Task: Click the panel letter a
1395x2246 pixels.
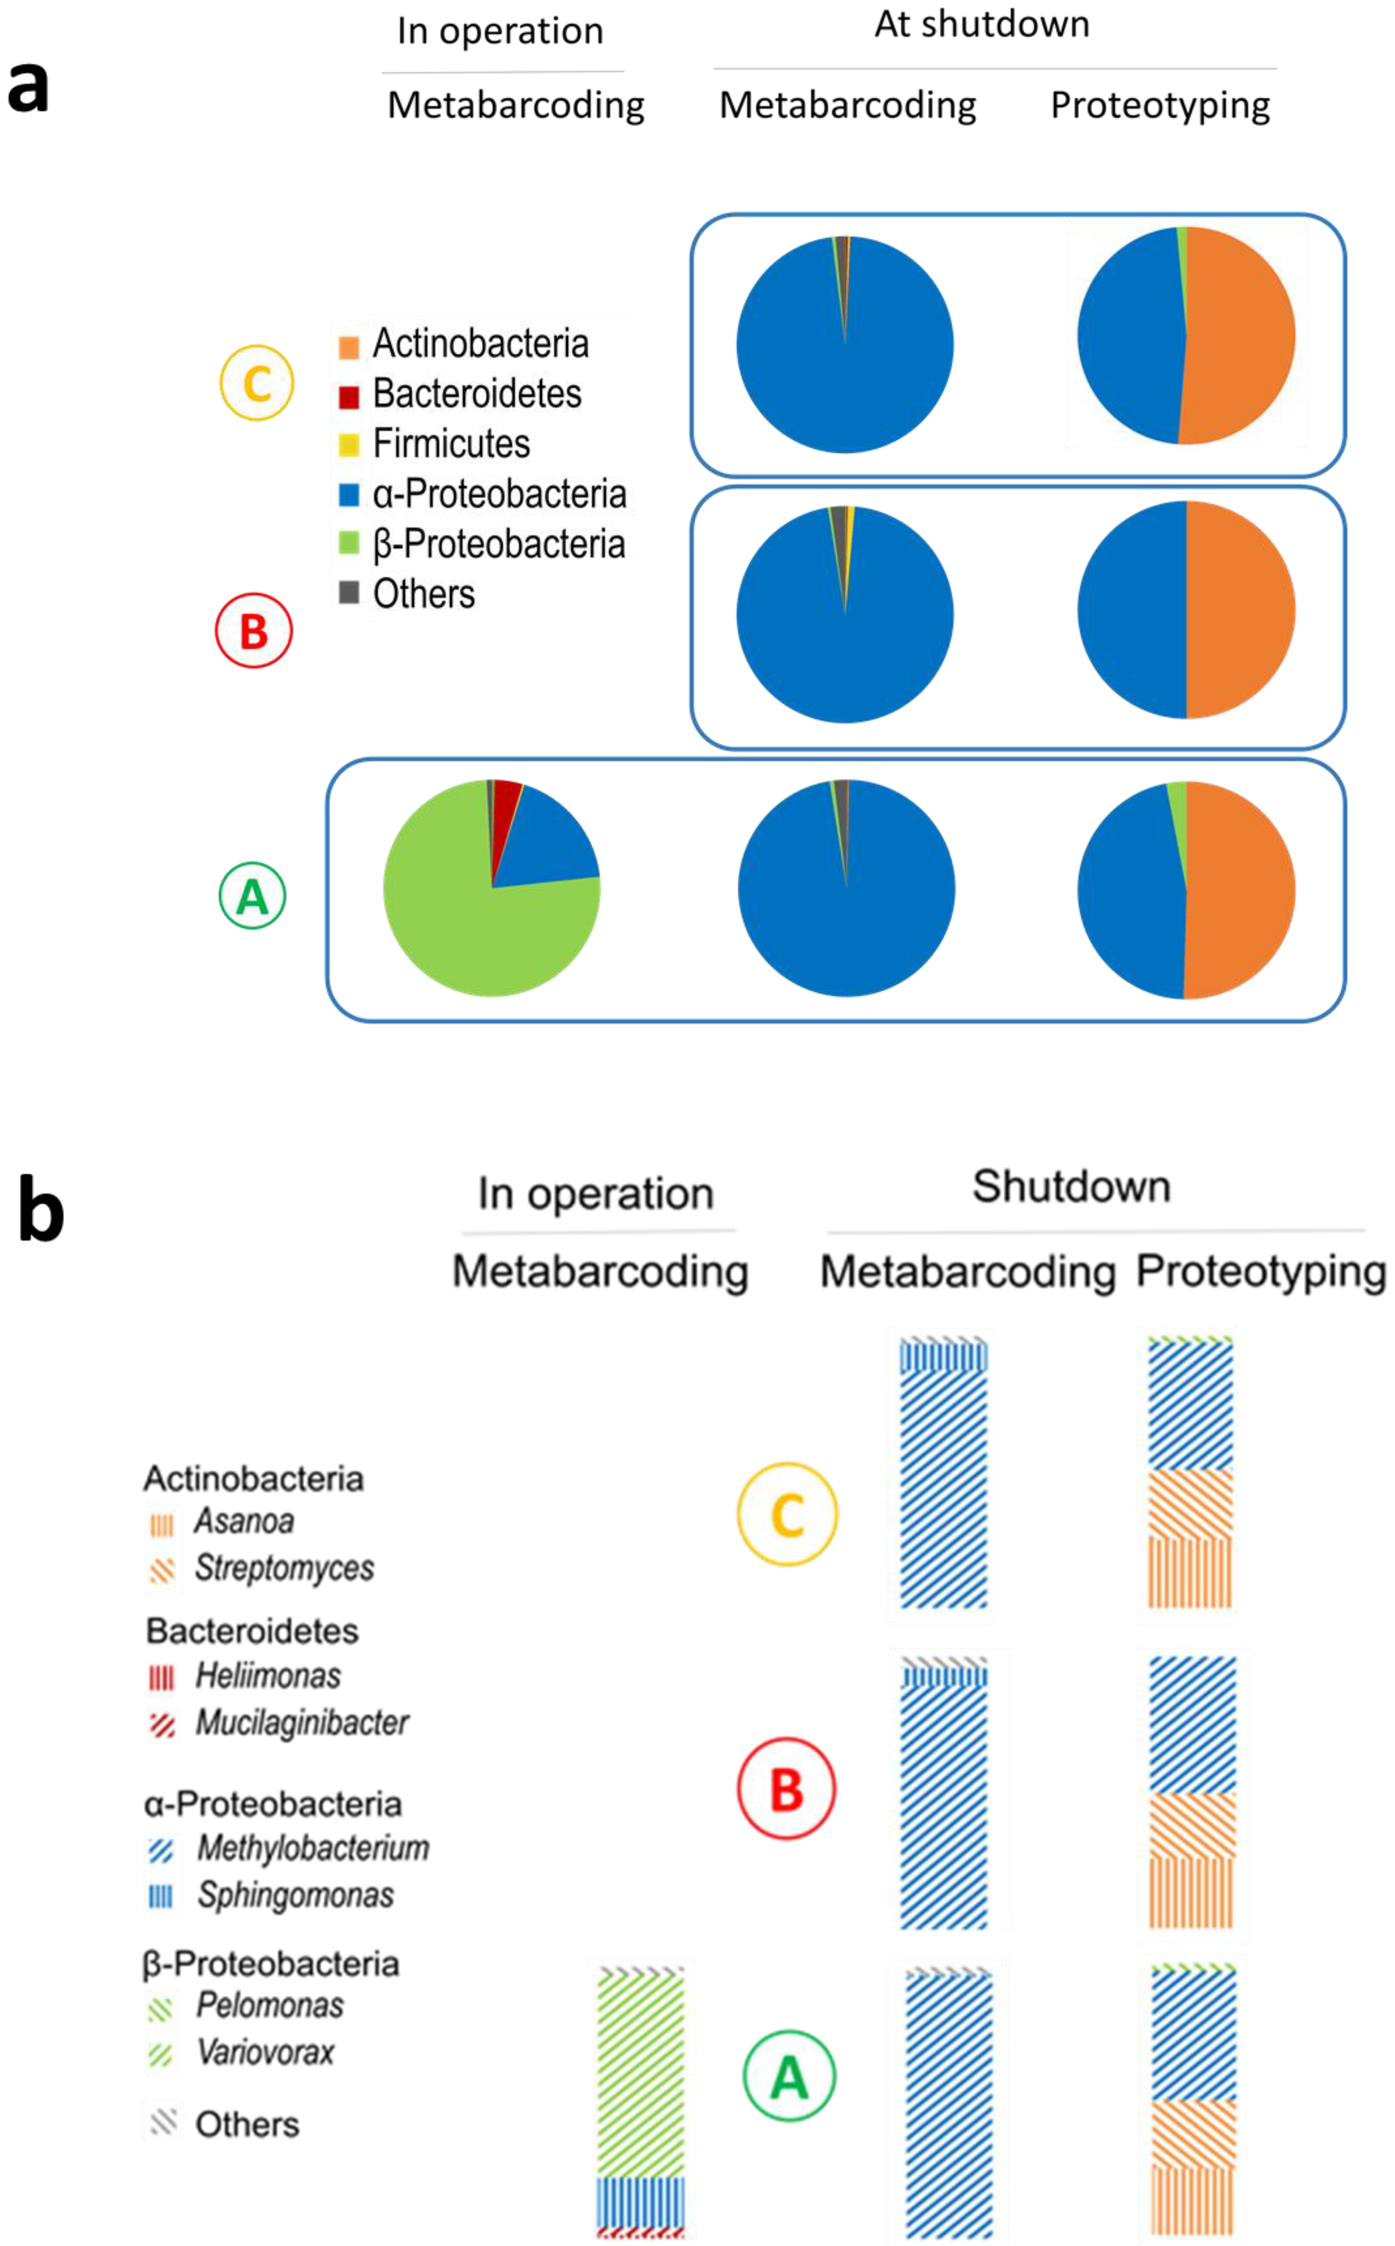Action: click(28, 88)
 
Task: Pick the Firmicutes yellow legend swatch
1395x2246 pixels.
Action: click(349, 446)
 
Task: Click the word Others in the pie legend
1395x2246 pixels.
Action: click(423, 594)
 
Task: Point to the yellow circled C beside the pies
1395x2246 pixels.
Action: click(257, 383)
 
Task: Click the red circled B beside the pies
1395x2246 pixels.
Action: click(254, 631)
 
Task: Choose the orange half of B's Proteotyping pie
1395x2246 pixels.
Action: click(1241, 609)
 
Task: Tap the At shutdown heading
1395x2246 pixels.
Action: click(982, 25)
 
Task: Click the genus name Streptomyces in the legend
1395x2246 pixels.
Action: click(284, 1568)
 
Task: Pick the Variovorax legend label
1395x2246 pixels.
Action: click(266, 2052)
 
